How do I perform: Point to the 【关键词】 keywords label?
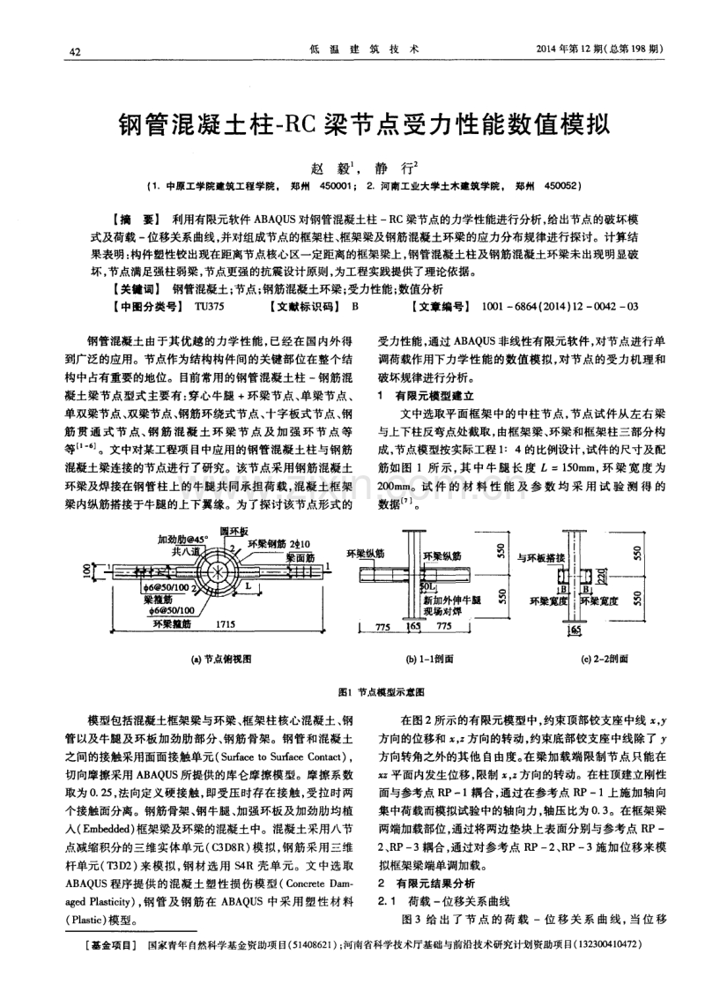133,289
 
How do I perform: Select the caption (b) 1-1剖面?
430,658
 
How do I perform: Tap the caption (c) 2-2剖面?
605,658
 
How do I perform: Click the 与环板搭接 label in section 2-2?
540,557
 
